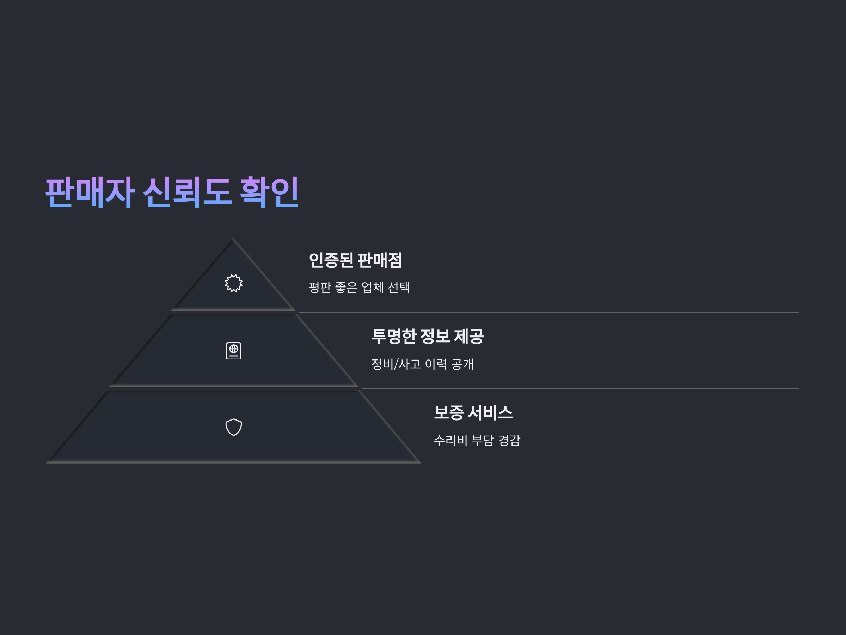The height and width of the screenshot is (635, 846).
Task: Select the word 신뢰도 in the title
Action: tap(188, 192)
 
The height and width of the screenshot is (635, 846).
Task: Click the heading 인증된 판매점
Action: tap(355, 260)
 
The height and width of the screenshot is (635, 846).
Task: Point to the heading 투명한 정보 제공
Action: tap(427, 337)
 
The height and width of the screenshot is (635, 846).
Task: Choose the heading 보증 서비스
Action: tap(473, 413)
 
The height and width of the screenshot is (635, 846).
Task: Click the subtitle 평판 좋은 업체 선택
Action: tap(359, 287)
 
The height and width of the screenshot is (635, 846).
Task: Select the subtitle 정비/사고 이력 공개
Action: tap(422, 364)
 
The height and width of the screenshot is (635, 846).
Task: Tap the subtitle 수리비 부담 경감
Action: tap(477, 440)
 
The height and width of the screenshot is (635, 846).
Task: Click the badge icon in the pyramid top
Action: tap(233, 283)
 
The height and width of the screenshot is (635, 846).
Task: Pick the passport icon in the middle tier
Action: tap(233, 351)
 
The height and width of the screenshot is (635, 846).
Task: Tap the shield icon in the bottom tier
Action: tap(233, 427)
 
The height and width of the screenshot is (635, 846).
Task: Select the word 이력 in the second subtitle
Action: tap(436, 364)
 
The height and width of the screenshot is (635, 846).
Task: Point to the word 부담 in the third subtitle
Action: tap(482, 440)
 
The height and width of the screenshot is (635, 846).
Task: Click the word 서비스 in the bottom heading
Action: tap(490, 413)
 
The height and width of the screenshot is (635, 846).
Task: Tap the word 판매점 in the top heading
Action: tap(380, 260)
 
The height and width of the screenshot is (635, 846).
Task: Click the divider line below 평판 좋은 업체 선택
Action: tap(547, 313)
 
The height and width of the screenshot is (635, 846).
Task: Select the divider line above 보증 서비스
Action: tap(577, 389)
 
